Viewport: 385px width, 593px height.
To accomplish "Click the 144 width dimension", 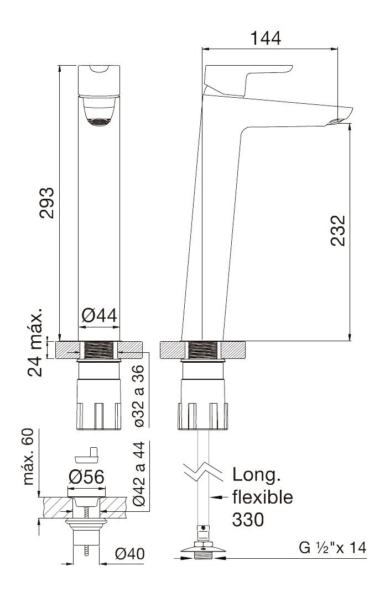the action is [266, 38].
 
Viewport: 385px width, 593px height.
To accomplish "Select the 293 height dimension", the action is [47, 203].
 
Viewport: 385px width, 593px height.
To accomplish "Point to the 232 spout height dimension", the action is [337, 231].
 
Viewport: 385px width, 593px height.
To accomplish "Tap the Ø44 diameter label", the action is [99, 315].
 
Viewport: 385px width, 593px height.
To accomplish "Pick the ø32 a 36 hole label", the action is [139, 395].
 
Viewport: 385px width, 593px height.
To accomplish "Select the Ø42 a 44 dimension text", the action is [139, 473].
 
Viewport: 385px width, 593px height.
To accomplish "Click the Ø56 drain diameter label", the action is [86, 477].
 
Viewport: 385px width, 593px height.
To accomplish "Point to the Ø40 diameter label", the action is [130, 554].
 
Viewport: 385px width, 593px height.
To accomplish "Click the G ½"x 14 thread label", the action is [332, 547].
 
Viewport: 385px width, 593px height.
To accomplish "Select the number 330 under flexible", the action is [248, 520].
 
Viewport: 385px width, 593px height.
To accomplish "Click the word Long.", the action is [256, 475].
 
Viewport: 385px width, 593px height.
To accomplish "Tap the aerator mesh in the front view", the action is [99, 122].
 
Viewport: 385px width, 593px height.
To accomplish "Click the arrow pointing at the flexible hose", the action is [220, 497].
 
